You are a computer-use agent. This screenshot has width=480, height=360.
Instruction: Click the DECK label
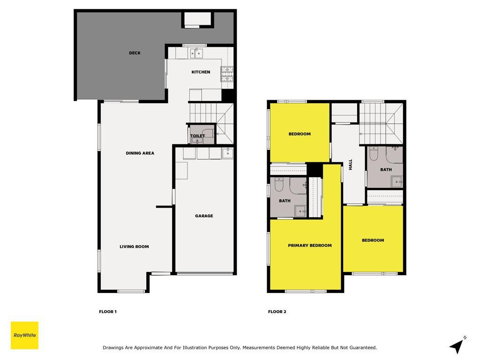point(135,53)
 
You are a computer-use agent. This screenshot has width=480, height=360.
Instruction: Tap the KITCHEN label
point(201,72)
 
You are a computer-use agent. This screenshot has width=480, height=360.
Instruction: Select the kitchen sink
point(196,53)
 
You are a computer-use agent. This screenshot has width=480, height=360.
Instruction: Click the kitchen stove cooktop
point(227,74)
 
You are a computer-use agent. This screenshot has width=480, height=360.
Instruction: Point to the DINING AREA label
point(140,153)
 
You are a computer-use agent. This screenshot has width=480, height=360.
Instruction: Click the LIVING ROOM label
point(134,247)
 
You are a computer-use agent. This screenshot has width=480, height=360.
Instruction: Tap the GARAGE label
point(204,216)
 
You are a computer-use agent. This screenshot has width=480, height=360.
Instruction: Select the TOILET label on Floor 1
point(197,135)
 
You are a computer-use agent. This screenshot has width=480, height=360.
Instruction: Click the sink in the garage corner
point(227,153)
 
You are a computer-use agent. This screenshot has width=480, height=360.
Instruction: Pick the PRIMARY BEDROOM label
point(310,245)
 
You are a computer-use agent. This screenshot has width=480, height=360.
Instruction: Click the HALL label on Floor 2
point(351,165)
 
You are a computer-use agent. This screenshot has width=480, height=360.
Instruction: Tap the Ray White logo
point(24,335)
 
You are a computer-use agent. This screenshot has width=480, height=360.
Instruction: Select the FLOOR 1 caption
point(108,312)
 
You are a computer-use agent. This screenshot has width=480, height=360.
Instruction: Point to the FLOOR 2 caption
point(277,312)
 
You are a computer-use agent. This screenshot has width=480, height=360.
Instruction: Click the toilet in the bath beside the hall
point(374,153)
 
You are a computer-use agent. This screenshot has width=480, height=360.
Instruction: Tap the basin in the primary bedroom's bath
point(300,211)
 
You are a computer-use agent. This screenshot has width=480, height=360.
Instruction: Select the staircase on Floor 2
point(381,124)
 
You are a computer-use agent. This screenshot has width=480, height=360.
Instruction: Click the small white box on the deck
point(198,19)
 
